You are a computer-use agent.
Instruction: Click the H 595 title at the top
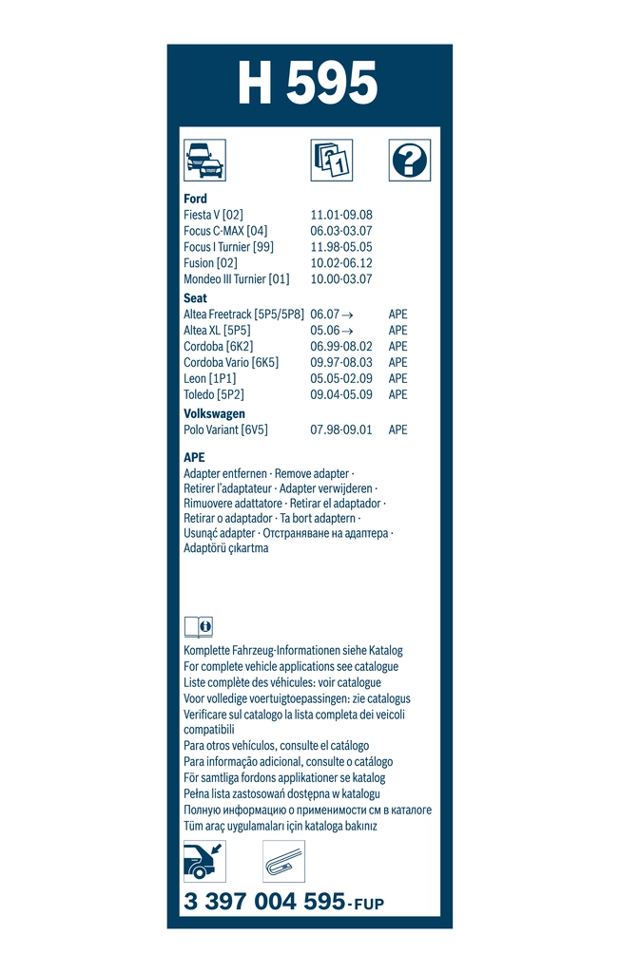[307, 86]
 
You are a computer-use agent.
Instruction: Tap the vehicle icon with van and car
[204, 161]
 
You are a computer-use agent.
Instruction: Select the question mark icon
[409, 161]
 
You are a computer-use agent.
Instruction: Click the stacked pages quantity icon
[331, 161]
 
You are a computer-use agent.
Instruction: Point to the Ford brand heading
[195, 199]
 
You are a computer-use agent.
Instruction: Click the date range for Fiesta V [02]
[341, 216]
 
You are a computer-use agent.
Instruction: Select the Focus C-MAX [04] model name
[225, 231]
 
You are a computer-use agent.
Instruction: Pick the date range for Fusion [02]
[341, 263]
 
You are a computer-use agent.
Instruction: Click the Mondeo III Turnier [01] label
[236, 279]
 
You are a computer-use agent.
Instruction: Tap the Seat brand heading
[195, 298]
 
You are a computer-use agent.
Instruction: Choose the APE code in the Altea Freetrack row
[397, 315]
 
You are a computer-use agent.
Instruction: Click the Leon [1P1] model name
[210, 378]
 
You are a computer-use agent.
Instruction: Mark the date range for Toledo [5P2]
[341, 394]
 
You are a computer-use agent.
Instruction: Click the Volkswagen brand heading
[214, 413]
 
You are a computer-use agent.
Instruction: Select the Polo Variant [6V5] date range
[341, 429]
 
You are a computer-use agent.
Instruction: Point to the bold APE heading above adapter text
[194, 457]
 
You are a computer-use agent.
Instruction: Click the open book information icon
[198, 627]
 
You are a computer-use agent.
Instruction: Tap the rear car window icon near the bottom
[204, 861]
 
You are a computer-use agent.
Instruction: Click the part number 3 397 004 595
[264, 903]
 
